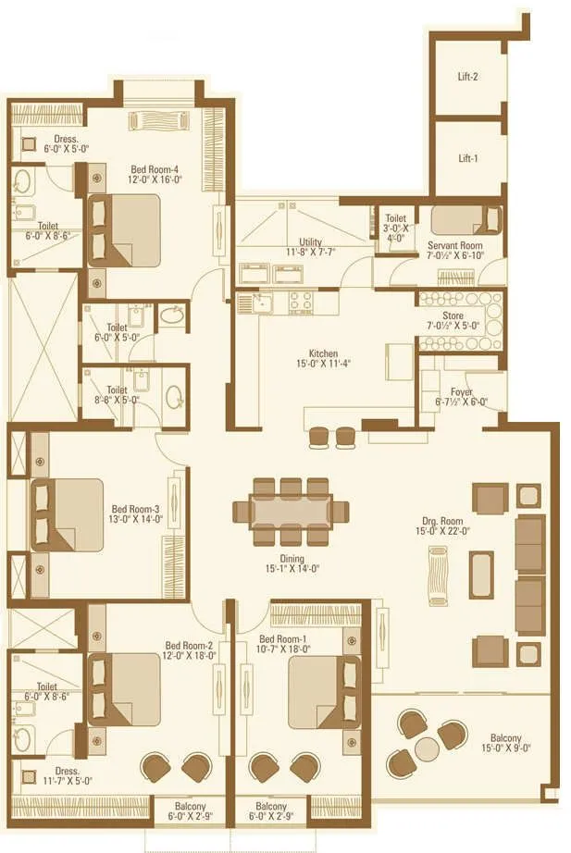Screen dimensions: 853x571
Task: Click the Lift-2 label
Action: coord(468,78)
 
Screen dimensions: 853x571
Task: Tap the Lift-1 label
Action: coord(468,158)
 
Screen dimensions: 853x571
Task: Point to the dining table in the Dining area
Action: coord(290,511)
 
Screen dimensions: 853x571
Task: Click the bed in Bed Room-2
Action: coord(123,689)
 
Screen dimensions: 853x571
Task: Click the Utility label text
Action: coord(310,241)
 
